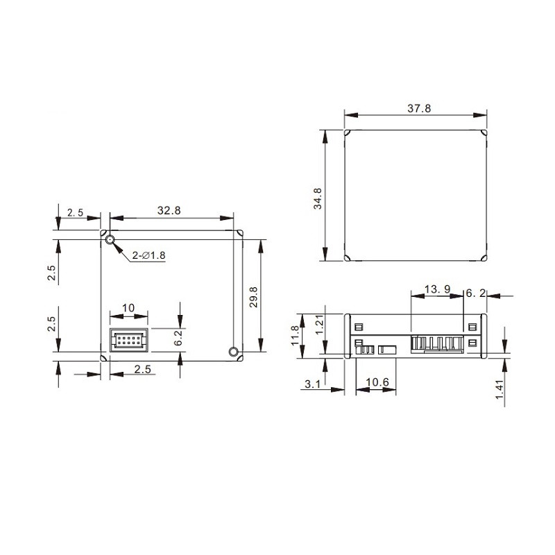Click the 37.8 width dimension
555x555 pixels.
418,108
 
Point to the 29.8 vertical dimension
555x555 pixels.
253,297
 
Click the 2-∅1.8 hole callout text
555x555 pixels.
148,255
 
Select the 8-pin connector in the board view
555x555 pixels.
129,340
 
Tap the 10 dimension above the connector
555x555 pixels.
128,307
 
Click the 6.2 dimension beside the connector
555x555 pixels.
178,339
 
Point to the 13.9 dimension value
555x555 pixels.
437,288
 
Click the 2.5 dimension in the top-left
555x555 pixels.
75,213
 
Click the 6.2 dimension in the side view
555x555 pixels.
475,294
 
